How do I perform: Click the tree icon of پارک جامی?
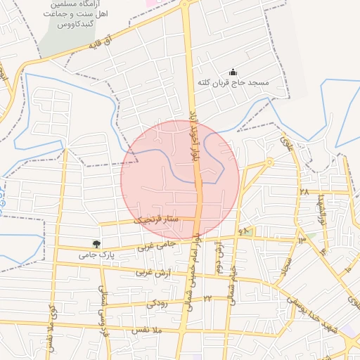(x=88, y=243)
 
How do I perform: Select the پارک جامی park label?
(x=95, y=253)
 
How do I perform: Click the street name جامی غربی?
(x=155, y=246)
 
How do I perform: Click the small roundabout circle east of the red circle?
(x=269, y=162)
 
